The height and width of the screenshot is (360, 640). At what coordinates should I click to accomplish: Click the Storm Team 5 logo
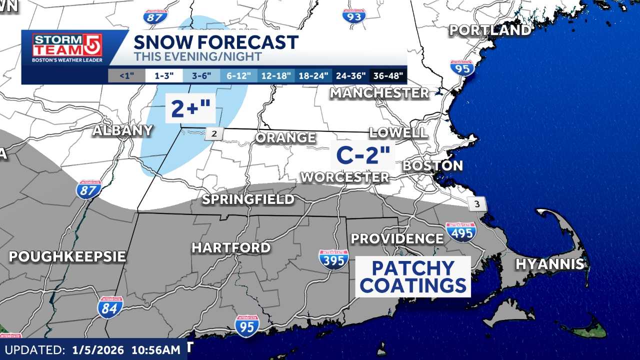(67, 48)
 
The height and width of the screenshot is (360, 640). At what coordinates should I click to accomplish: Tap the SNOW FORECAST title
(216, 42)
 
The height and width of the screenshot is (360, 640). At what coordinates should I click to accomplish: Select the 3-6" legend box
(201, 76)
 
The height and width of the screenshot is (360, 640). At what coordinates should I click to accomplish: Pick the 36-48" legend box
(388, 76)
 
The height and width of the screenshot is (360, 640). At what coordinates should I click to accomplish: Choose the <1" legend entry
(126, 76)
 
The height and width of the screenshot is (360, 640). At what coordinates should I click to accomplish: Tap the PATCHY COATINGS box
(413, 277)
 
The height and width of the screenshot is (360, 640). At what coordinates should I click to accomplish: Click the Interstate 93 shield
(354, 16)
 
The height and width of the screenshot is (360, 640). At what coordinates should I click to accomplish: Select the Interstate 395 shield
(333, 259)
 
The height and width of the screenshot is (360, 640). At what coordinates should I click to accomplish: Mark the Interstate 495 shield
(460, 232)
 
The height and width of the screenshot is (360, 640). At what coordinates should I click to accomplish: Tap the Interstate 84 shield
(110, 307)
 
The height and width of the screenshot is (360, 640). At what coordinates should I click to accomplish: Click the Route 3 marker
(477, 204)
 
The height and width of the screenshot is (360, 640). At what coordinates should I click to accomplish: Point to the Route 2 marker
(213, 133)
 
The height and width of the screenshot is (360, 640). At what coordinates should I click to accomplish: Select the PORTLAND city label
(489, 30)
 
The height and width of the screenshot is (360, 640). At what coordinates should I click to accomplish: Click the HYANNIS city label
(550, 264)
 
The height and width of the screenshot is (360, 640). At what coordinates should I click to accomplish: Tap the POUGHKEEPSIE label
(67, 256)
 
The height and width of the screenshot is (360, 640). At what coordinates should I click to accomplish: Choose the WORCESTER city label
(344, 177)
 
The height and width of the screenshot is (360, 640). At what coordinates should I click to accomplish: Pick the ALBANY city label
(122, 130)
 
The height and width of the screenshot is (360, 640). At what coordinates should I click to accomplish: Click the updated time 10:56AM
(155, 350)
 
